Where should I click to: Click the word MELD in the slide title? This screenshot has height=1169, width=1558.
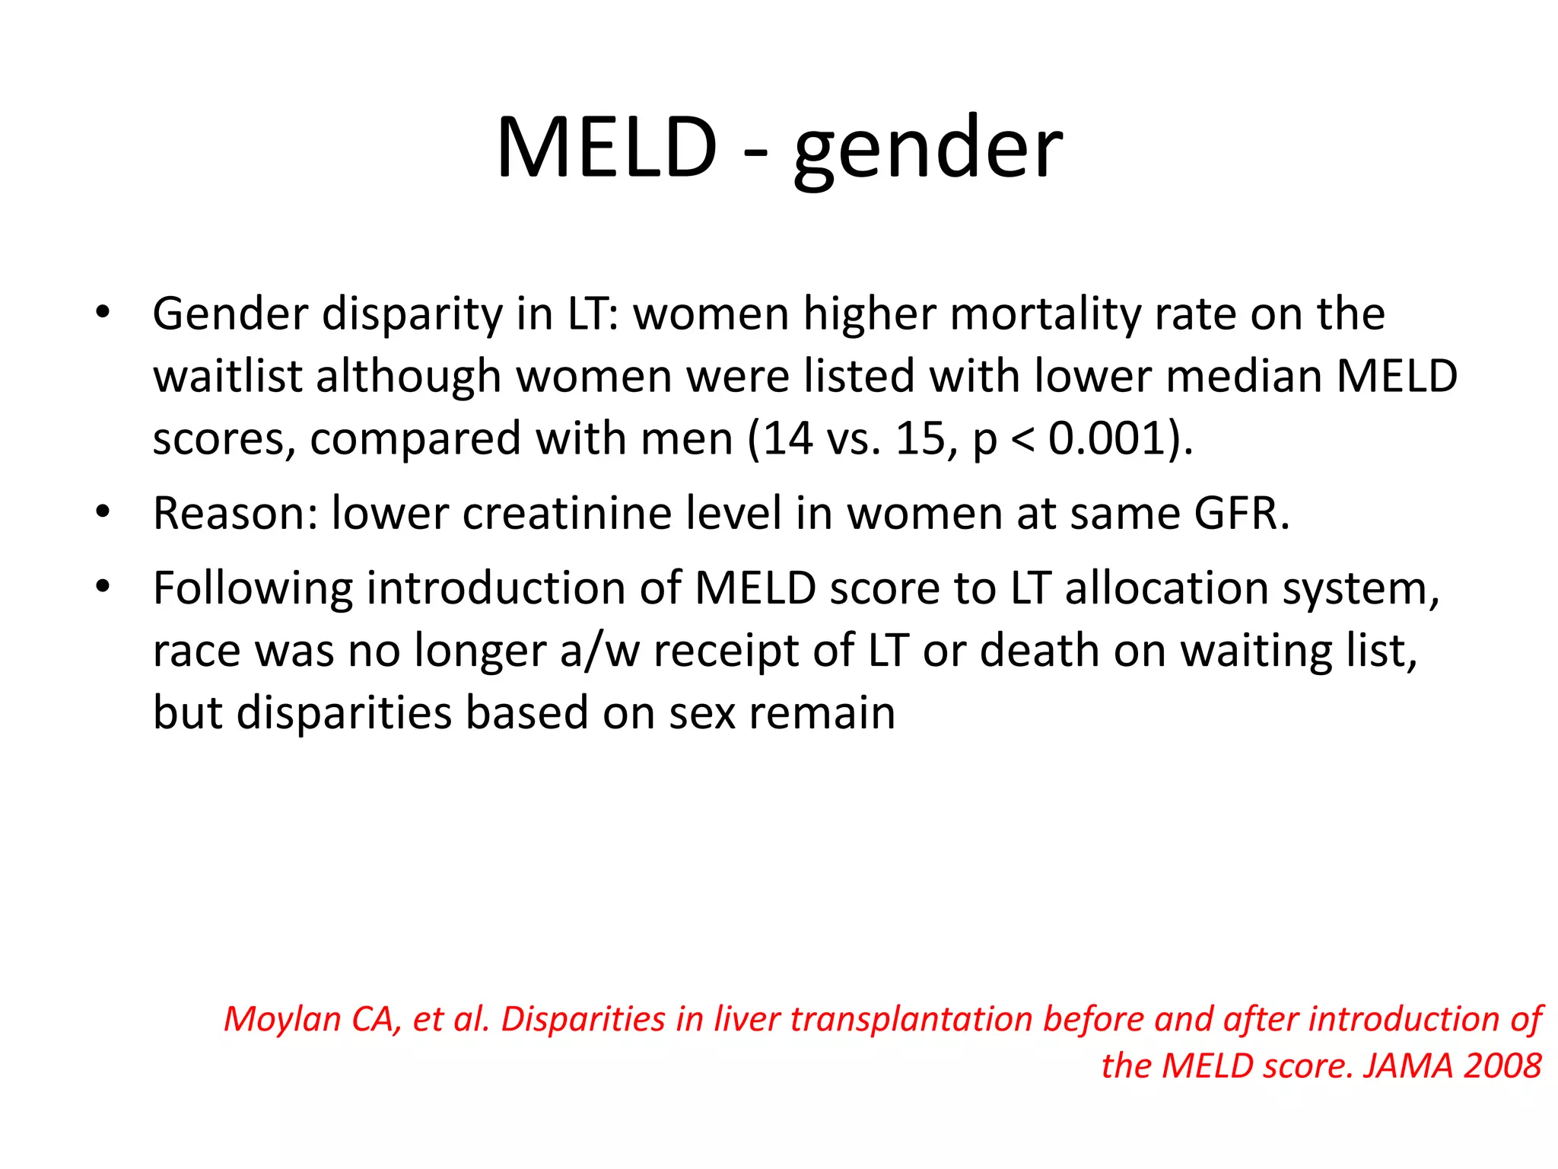pyautogui.click(x=606, y=148)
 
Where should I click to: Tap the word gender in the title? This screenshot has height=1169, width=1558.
pyautogui.click(x=927, y=151)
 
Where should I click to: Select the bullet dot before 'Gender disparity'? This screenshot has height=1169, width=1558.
pyautogui.click(x=103, y=312)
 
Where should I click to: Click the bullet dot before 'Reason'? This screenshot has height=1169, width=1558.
pyautogui.click(x=103, y=512)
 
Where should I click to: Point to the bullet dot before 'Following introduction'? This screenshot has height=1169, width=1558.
pyautogui.click(x=103, y=587)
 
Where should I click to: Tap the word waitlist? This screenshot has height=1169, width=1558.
pyautogui.click(x=227, y=376)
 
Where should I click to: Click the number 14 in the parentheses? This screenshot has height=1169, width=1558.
pyautogui.click(x=788, y=439)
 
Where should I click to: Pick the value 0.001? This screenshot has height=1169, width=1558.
pyautogui.click(x=1107, y=439)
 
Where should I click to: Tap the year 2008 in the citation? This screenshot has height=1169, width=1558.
pyautogui.click(x=1502, y=1065)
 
